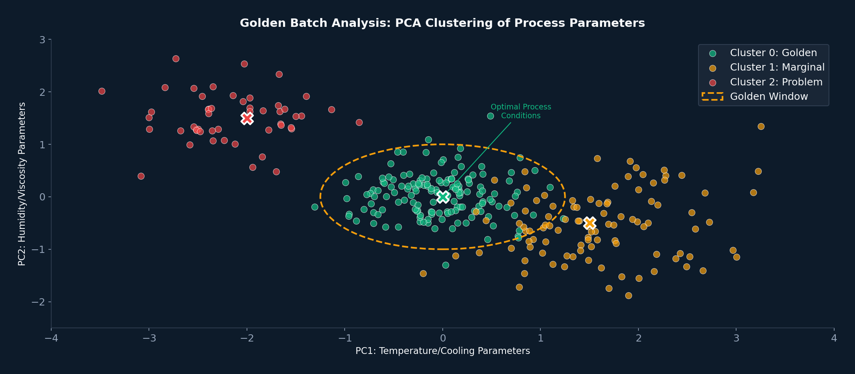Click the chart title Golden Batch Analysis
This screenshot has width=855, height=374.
pyautogui.click(x=442, y=23)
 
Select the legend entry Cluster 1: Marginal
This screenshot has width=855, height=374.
pyautogui.click(x=777, y=67)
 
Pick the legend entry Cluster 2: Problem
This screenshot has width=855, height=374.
pyautogui.click(x=776, y=82)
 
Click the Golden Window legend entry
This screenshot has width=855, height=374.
pyautogui.click(x=769, y=97)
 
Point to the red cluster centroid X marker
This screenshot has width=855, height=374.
pyautogui.click(x=247, y=118)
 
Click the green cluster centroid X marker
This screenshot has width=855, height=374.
pyautogui.click(x=443, y=196)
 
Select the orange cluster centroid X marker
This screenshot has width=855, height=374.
pyautogui.click(x=590, y=223)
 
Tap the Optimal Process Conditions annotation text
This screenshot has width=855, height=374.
pyautogui.click(x=521, y=111)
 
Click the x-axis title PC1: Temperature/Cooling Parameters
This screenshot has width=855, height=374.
pyautogui.click(x=442, y=351)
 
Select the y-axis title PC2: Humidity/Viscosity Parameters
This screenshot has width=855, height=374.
pyautogui.click(x=22, y=184)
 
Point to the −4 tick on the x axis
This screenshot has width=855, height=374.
pyautogui.click(x=51, y=339)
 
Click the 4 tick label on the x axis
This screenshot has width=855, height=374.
pyautogui.click(x=834, y=339)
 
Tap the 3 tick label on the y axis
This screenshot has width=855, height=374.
pyautogui.click(x=42, y=40)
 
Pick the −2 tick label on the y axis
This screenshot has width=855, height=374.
pyautogui.click(x=39, y=302)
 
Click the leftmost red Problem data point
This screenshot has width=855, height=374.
pyautogui.click(x=102, y=91)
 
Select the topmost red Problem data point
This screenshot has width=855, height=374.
pyautogui.click(x=176, y=59)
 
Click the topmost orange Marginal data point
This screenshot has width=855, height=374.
pyautogui.click(x=761, y=126)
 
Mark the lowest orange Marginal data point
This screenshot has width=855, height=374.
pyautogui.click(x=628, y=295)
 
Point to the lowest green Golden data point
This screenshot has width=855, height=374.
pyautogui.click(x=446, y=265)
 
